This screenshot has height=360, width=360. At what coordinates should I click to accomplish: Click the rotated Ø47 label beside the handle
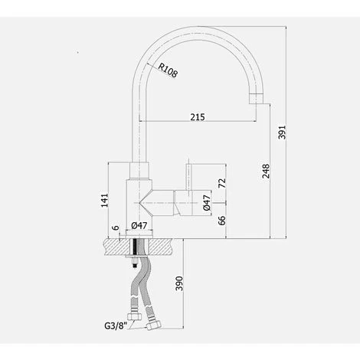208,204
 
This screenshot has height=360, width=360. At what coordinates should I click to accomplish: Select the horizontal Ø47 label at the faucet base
139,225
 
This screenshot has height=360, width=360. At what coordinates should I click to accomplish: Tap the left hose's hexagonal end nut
136,315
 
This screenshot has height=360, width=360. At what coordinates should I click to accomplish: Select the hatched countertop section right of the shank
163,245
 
